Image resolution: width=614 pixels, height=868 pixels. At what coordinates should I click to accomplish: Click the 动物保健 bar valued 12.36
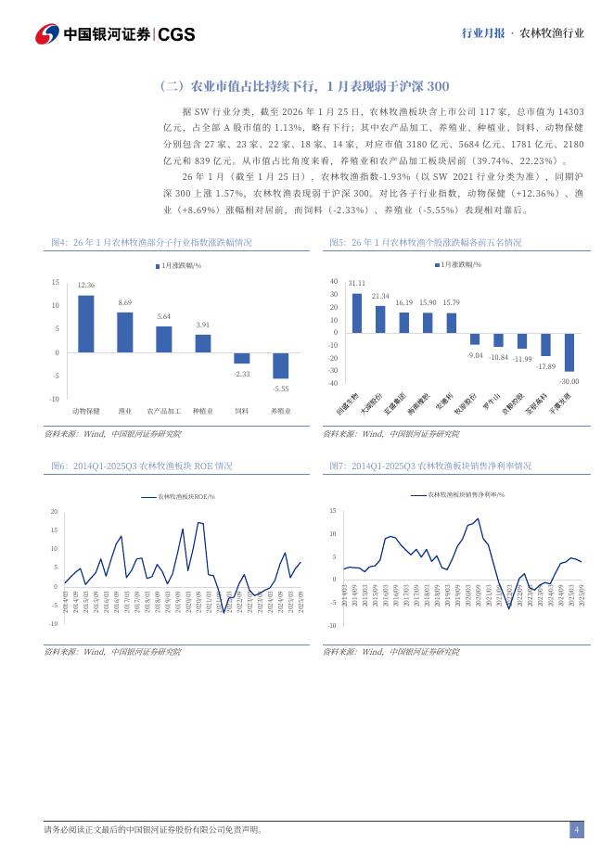tap(85, 324)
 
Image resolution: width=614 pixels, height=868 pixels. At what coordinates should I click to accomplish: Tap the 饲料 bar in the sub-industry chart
tap(241, 358)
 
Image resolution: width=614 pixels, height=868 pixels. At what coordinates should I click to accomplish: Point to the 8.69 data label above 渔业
tap(124, 303)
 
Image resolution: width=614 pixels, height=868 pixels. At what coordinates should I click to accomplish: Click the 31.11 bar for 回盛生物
tap(357, 313)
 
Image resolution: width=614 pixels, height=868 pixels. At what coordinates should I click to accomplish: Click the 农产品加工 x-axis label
tap(163, 410)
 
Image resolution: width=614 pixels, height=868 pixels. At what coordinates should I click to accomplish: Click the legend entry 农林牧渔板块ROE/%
tap(178, 497)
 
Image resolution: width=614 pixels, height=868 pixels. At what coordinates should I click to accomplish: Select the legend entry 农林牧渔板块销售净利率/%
tap(457, 494)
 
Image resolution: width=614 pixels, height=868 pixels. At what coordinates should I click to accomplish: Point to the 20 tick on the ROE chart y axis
tap(54, 511)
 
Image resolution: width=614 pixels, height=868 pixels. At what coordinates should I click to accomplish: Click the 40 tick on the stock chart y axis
tap(334, 281)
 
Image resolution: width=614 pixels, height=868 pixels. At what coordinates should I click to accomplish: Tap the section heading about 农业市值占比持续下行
tap(305, 86)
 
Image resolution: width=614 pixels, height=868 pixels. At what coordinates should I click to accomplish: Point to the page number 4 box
tap(576, 829)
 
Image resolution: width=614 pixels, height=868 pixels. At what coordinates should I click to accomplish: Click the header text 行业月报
tap(482, 32)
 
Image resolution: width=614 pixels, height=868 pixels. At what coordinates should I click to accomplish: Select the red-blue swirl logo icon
tap(46, 34)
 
